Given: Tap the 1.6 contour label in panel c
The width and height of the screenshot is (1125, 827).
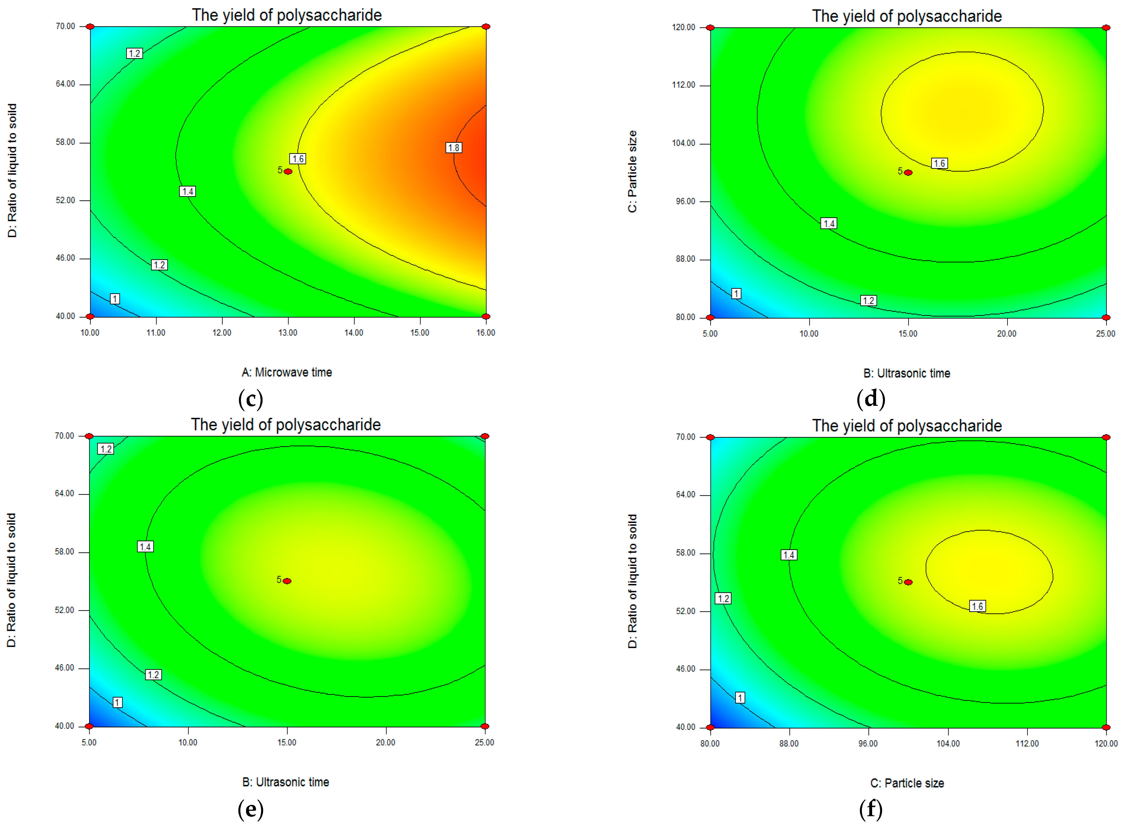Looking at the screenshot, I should pos(298,159).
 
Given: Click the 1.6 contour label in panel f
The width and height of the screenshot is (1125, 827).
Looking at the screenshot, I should pos(977,606).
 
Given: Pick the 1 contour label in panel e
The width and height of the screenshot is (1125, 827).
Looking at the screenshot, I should pos(117,702).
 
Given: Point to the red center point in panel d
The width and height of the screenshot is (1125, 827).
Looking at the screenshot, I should pos(908,173).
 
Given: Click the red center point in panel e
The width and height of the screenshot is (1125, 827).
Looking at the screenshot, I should pos(287,581).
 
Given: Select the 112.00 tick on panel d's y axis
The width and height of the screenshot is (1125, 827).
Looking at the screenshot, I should pos(684,85).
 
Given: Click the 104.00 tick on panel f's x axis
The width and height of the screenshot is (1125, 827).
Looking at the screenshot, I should pos(948,743).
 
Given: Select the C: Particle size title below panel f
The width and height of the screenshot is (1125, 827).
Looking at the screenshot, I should pos(907,783).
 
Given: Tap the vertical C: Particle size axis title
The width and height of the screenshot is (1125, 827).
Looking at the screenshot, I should pos(632,172).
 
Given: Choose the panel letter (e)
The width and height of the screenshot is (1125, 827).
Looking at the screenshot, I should pos(250,809).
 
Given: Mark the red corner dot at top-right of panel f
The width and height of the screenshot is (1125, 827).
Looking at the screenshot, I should pos(1106,437).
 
